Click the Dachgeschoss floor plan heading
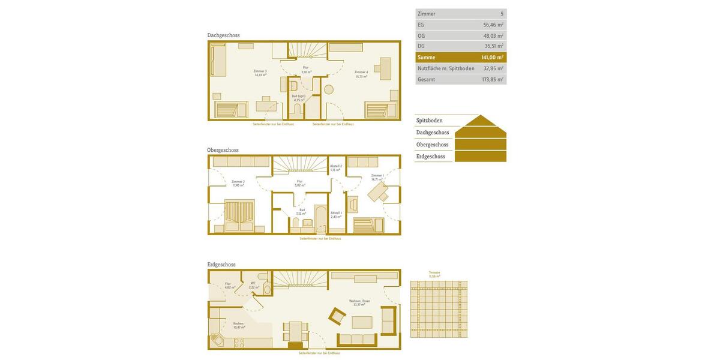pos(223,35)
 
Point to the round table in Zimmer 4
pos(329,89)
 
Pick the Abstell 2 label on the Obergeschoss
pos(335,168)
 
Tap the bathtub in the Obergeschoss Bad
pos(320,219)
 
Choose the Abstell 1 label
pos(336,214)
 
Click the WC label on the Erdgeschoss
pos(253,285)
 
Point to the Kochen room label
pos(238,325)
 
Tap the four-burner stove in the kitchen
pos(239,343)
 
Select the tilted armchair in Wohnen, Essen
pos(337,316)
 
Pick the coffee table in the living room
pos(362,322)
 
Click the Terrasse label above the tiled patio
pos(434,274)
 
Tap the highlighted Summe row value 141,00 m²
pos(492,58)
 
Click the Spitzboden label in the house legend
pos(430,121)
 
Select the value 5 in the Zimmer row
pos(502,14)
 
